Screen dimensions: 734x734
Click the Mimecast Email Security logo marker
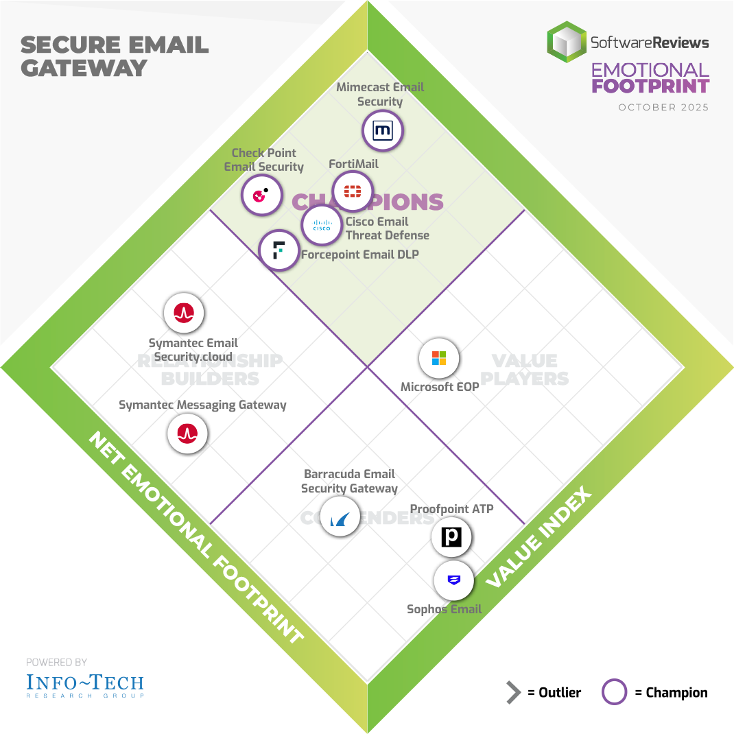tap(382, 130)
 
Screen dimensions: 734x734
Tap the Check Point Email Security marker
tap(261, 196)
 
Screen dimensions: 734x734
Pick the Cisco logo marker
tap(322, 225)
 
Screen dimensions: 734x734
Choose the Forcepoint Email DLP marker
tap(279, 250)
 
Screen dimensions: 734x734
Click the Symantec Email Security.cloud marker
tap(184, 313)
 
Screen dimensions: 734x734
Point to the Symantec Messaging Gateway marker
tap(187, 434)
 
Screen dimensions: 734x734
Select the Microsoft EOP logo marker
tap(439, 358)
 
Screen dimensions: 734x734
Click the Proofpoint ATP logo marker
tap(451, 536)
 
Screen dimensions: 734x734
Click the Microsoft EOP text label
tap(440, 387)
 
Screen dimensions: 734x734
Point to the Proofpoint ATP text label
tap(451, 509)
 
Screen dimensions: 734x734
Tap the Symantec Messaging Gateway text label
tap(202, 405)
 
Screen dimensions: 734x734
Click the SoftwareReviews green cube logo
tap(567, 42)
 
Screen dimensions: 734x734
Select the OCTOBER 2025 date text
tap(663, 108)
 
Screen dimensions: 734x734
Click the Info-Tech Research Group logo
tap(85, 684)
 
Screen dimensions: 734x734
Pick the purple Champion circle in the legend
tap(614, 692)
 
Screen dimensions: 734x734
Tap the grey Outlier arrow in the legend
tap(514, 693)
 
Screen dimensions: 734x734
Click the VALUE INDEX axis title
tap(539, 538)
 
